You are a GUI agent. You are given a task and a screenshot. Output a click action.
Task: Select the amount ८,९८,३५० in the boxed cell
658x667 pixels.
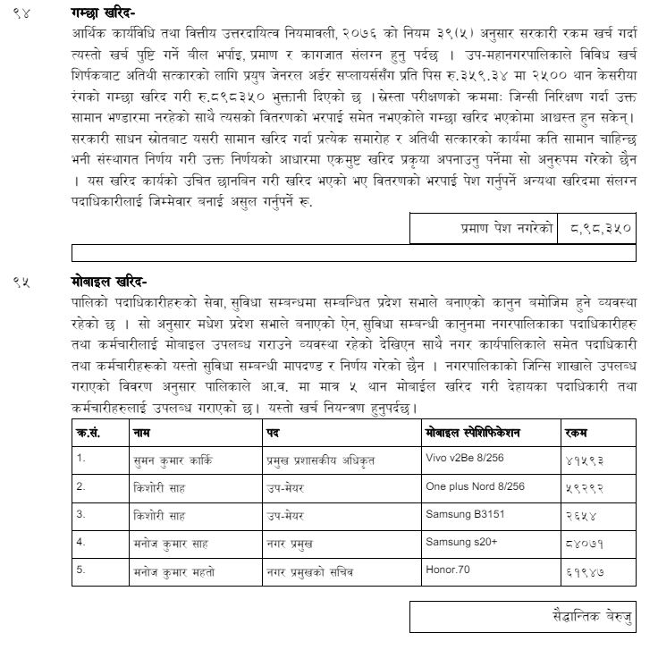pyautogui.click(x=599, y=228)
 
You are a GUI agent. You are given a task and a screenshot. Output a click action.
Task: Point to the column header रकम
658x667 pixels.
pyautogui.click(x=578, y=433)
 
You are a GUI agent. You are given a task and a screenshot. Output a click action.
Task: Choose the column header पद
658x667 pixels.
pyautogui.click(x=274, y=433)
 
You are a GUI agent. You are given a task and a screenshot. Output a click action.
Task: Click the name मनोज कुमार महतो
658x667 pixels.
pyautogui.click(x=173, y=570)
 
